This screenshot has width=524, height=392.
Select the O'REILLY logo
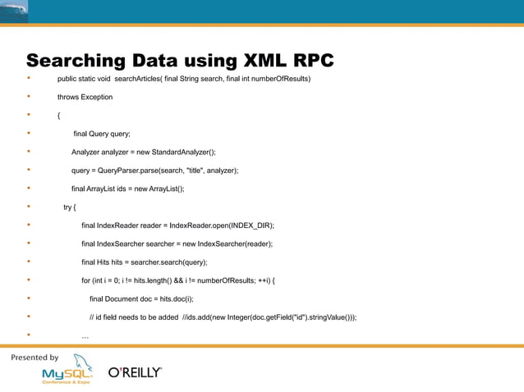pos(136,372)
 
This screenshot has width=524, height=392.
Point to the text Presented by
pos(34,358)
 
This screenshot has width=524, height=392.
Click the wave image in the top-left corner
pos(14,11)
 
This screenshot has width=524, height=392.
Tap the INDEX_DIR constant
pos(250,225)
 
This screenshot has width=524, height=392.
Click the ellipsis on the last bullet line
pos(85,336)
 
